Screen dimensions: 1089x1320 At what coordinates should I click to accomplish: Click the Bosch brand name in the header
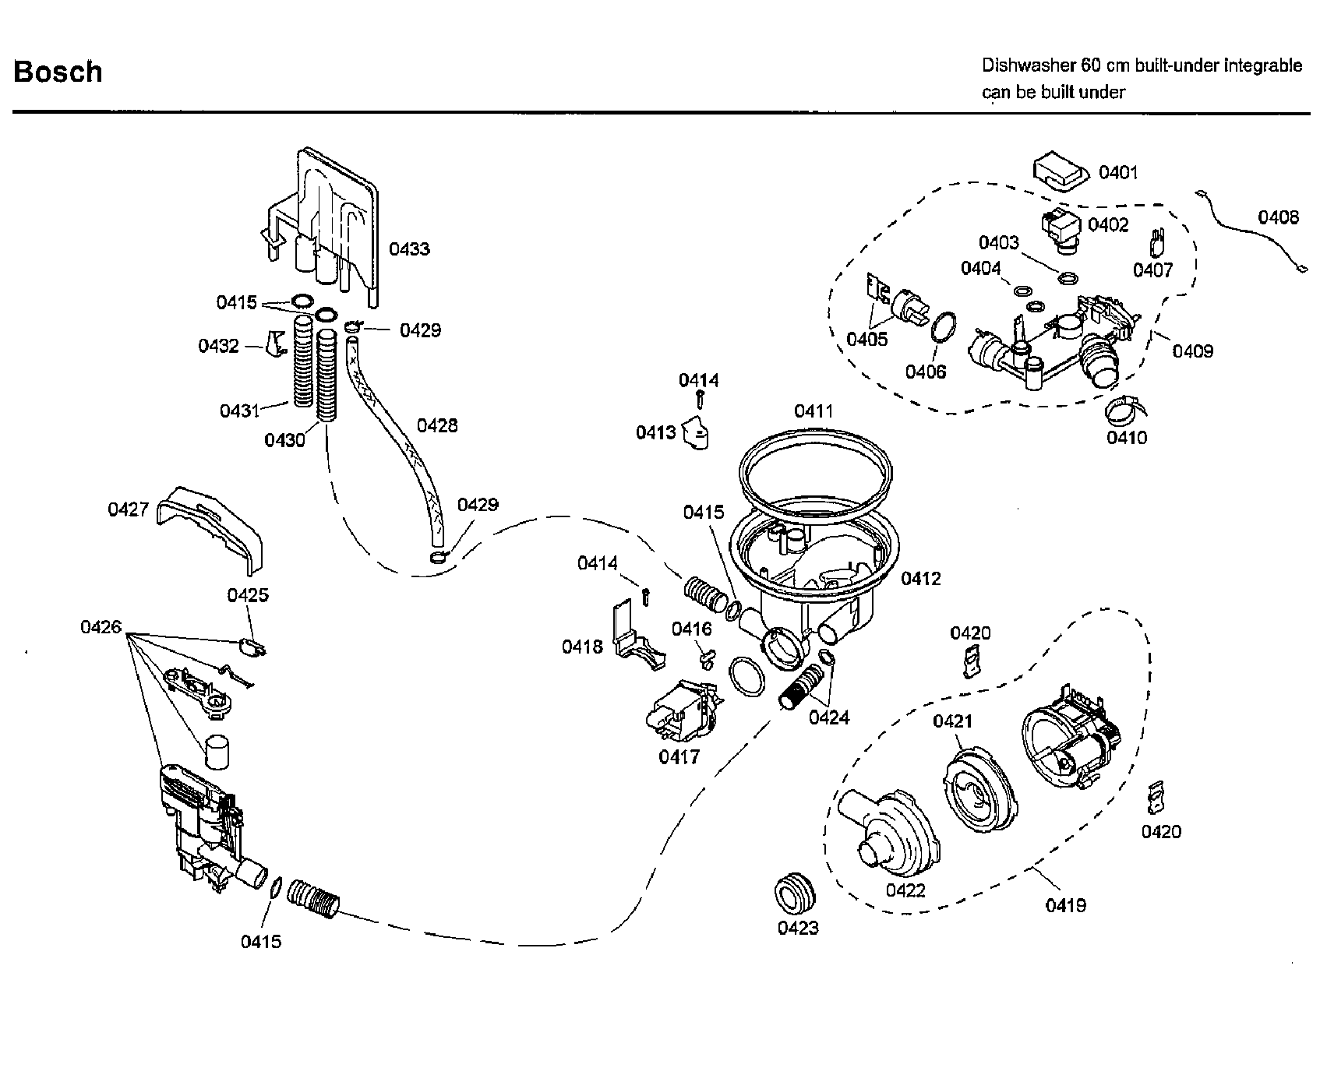(58, 72)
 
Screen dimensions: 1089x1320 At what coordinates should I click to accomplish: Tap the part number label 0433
(409, 249)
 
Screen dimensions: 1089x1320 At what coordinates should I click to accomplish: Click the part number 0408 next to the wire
(1278, 217)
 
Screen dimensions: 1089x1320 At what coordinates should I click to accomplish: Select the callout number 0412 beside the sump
(920, 579)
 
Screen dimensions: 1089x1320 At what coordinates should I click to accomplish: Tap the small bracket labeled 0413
(697, 435)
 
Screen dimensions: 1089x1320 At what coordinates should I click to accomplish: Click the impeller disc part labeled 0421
(979, 788)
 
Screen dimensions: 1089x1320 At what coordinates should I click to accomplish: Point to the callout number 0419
(1065, 905)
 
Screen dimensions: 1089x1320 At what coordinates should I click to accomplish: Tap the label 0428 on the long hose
(437, 425)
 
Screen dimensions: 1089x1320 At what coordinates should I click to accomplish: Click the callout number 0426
(101, 627)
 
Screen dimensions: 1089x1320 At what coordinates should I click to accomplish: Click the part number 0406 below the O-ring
(925, 372)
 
